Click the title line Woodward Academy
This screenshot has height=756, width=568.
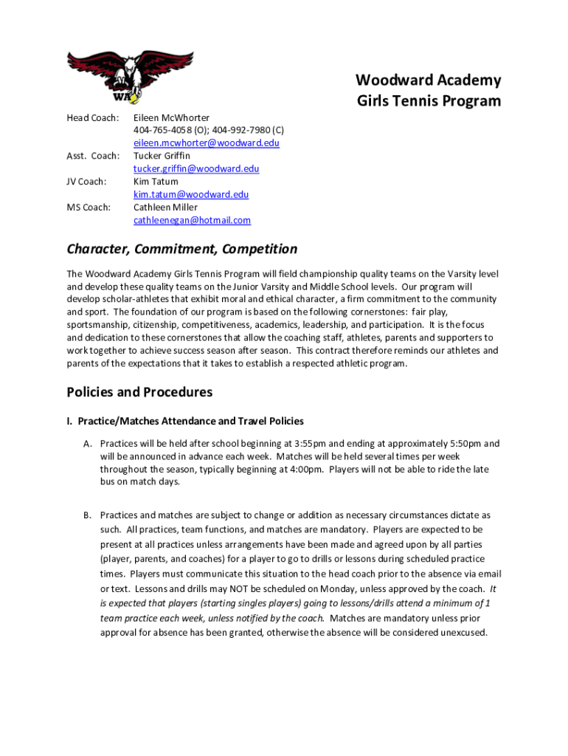click(x=428, y=80)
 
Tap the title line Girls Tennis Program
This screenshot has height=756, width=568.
click(x=429, y=101)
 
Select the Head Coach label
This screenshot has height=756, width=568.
click(x=88, y=117)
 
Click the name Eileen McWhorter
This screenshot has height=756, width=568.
click(x=171, y=117)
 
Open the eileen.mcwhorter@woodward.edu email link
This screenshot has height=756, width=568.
click(x=206, y=143)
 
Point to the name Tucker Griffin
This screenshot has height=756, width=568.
click(x=162, y=156)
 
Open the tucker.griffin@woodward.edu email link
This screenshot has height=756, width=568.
click(x=196, y=169)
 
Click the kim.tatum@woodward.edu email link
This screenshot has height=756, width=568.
click(x=191, y=195)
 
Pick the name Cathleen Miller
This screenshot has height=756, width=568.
click(x=165, y=207)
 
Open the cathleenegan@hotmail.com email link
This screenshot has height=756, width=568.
click(x=192, y=221)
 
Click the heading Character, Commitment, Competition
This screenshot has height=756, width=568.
click(x=182, y=250)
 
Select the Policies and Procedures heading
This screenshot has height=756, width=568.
click(x=139, y=392)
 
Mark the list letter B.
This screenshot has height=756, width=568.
click(x=87, y=515)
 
